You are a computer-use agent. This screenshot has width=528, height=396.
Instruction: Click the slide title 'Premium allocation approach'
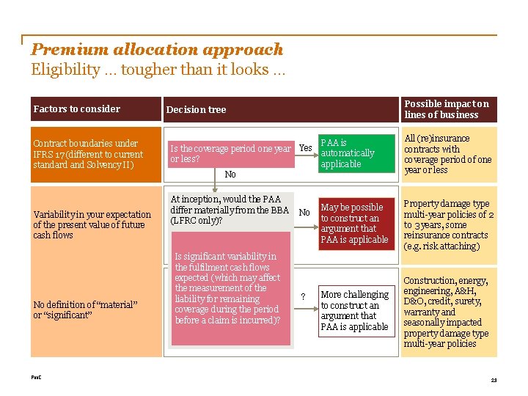tap(157, 49)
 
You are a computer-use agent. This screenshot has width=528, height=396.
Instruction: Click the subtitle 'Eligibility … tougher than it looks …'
tap(158, 70)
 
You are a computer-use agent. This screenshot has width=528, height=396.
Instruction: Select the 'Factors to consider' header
tap(77, 109)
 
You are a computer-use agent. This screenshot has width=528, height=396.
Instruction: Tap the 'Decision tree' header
tap(197, 109)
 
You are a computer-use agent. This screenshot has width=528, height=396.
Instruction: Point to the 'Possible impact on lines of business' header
tap(447, 109)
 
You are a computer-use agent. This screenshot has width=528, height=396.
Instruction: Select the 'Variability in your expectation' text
tap(92, 224)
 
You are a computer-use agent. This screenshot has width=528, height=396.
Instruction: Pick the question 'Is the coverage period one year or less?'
tap(230, 153)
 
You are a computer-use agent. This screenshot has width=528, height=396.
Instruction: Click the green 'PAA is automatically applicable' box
tap(355, 153)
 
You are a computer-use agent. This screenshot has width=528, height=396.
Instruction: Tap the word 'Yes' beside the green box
tap(305, 148)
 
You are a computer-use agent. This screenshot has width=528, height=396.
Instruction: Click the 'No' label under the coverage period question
tap(230, 175)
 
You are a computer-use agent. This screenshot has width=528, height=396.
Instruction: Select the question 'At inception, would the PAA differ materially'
tap(230, 210)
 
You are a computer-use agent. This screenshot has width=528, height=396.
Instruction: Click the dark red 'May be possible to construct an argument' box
tap(355, 224)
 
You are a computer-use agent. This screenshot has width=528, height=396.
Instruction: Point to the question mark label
tap(304, 297)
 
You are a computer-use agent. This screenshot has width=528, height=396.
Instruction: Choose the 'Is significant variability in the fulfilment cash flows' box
tap(230, 287)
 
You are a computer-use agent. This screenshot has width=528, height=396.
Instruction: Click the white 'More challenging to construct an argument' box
tap(355, 310)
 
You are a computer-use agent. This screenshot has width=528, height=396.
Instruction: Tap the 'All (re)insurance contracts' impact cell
tap(448, 154)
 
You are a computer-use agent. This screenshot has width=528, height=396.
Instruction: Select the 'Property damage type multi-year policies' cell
tap(448, 224)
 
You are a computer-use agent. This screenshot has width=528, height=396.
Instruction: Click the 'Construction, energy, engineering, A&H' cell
tap(448, 312)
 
